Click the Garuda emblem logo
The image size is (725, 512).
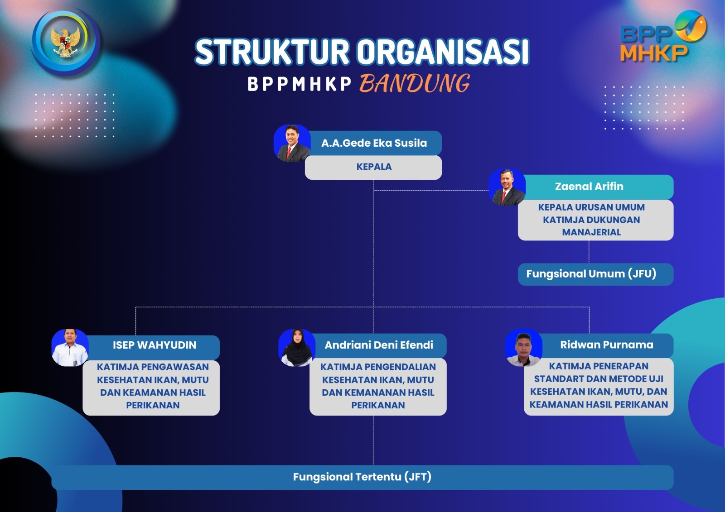click(x=66, y=42)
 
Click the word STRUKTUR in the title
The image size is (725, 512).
click(x=272, y=52)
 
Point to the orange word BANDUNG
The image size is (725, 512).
click(x=415, y=83)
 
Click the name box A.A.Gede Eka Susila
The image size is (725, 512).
click(x=374, y=143)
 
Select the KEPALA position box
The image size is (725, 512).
click(x=373, y=167)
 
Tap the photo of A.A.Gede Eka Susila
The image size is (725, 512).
click(x=292, y=144)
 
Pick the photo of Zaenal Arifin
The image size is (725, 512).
click(x=507, y=187)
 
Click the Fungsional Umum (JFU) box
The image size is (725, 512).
click(x=595, y=274)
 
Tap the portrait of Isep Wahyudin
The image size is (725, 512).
click(x=70, y=348)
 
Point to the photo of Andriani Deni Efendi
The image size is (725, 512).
click(x=297, y=348)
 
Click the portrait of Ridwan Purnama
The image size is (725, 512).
click(x=524, y=348)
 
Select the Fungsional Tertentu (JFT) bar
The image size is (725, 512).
click(x=362, y=478)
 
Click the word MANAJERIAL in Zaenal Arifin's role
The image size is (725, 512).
click(x=592, y=232)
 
